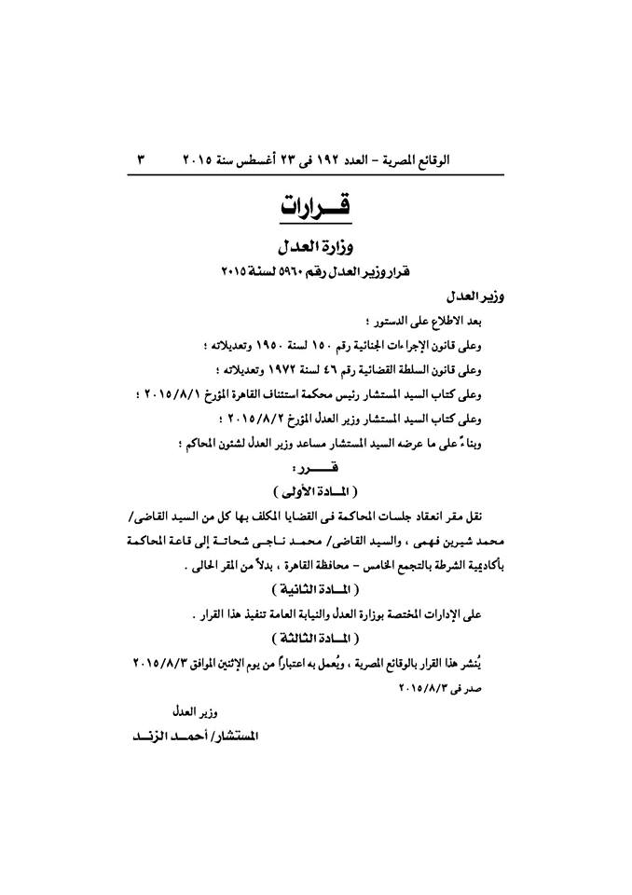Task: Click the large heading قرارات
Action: pyautogui.click(x=315, y=206)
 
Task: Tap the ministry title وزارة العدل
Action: pyautogui.click(x=315, y=248)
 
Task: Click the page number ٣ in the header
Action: pyautogui.click(x=142, y=159)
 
